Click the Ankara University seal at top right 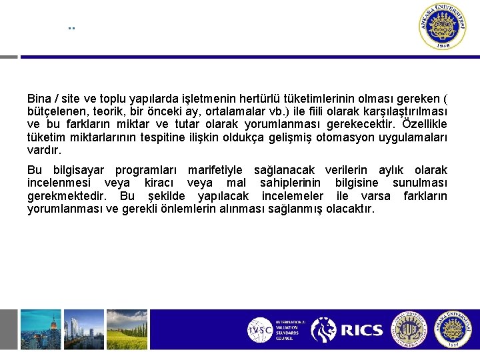443,27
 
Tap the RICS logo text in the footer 361,330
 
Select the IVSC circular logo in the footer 260,330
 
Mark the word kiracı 160,183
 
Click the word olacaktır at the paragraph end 351,209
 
